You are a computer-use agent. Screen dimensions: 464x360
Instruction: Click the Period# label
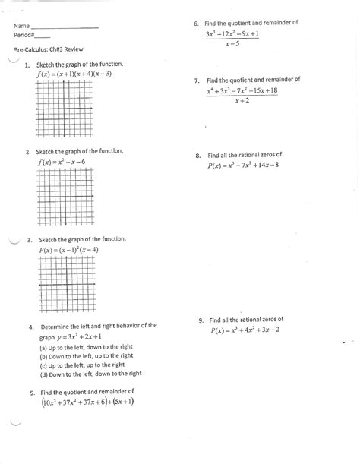(24, 36)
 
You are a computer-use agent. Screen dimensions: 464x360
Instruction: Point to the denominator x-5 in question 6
(238, 44)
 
